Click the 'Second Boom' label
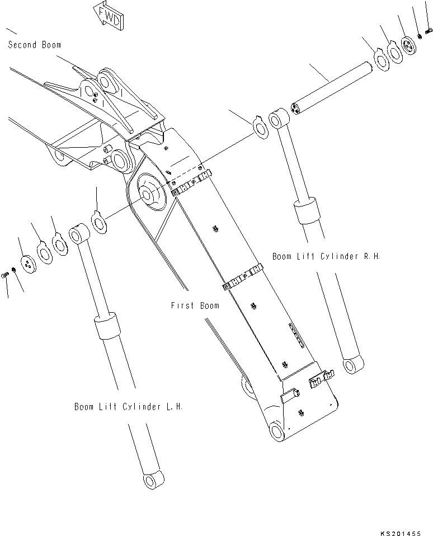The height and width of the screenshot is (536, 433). [35, 45]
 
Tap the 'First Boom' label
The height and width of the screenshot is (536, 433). [195, 305]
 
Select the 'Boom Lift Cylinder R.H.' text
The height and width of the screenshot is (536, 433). [326, 256]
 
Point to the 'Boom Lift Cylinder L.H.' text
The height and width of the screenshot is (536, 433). [128, 407]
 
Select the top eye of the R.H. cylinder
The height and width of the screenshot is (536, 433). [279, 121]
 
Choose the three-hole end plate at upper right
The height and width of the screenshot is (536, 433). [410, 46]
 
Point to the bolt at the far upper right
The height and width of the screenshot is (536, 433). [428, 33]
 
